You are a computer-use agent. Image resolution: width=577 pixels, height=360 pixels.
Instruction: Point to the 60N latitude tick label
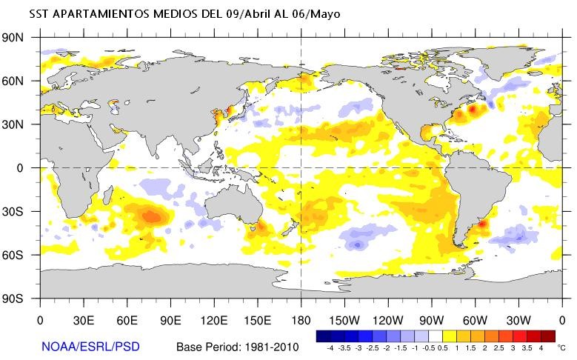click(20, 81)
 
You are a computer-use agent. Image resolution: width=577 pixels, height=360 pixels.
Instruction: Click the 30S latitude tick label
click(20, 211)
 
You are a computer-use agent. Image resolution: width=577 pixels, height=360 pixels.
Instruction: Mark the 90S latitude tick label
click(20, 299)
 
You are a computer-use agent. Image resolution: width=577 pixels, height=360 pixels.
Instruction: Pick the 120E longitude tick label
click(214, 321)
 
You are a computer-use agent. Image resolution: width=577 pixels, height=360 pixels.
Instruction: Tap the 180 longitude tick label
click(301, 321)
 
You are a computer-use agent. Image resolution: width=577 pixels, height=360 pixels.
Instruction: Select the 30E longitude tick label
click(83, 321)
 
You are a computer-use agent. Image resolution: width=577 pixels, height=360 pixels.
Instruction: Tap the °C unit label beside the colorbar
click(561, 347)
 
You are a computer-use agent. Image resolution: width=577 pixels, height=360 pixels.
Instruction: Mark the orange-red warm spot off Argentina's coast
click(481, 222)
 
